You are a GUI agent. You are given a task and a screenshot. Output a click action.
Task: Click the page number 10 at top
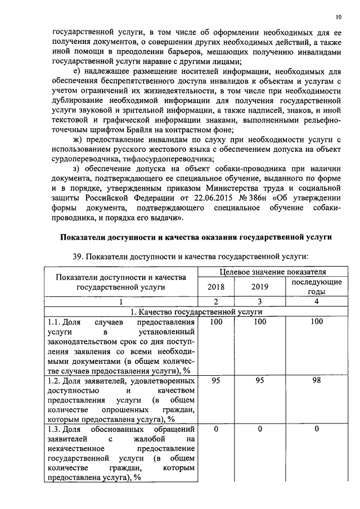(x=338, y=16)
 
